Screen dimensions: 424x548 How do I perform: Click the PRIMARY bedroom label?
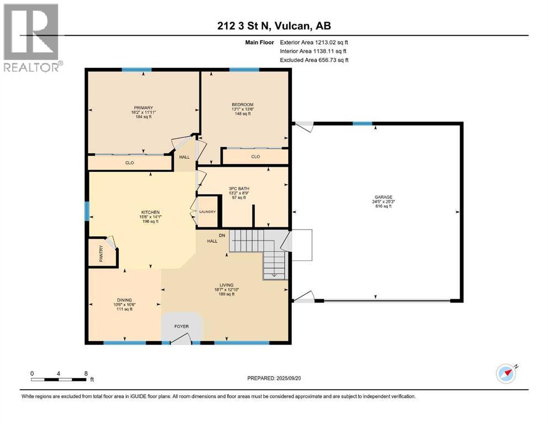[x=143, y=108]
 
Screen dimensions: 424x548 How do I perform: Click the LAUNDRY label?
[x=208, y=211]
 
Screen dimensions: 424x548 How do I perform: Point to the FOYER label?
[x=182, y=326]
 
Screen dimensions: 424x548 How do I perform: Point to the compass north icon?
[x=507, y=374]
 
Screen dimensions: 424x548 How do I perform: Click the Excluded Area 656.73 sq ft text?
[x=314, y=60]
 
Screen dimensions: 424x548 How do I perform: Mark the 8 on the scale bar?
[x=86, y=373]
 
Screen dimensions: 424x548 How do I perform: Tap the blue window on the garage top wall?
[x=362, y=123]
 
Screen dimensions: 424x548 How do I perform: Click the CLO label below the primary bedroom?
[x=129, y=163]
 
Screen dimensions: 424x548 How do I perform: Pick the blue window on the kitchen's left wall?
[x=86, y=211]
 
